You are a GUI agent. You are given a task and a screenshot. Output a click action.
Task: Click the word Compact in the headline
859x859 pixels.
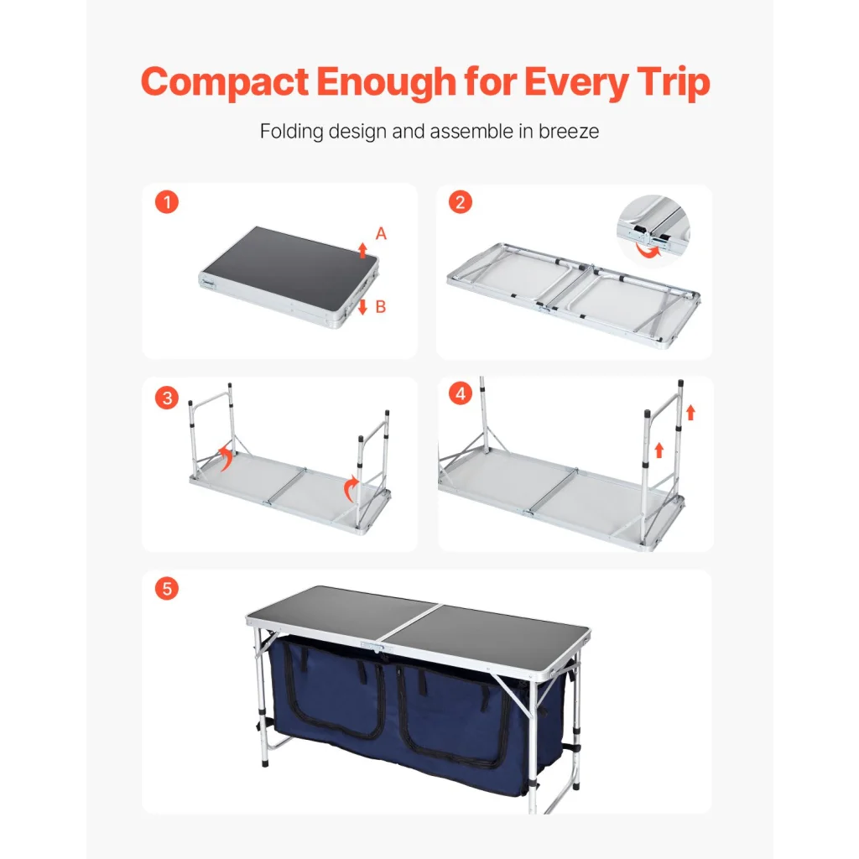(x=225, y=81)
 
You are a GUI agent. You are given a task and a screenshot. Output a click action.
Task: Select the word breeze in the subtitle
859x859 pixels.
(x=569, y=132)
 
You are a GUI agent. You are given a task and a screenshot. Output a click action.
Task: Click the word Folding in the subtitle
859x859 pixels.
(x=291, y=132)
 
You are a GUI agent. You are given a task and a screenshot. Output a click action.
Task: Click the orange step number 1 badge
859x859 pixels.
(x=167, y=202)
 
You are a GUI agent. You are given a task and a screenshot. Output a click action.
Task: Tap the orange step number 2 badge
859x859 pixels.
(x=461, y=202)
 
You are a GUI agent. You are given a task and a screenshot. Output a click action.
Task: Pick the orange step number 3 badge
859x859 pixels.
(x=167, y=398)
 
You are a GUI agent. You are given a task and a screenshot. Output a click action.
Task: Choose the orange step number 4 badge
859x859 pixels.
(x=461, y=393)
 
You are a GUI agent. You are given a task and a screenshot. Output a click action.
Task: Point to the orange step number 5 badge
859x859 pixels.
(x=167, y=589)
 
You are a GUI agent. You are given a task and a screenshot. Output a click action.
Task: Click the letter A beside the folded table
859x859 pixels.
(x=381, y=234)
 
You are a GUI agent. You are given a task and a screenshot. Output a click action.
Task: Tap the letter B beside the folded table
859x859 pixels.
(x=381, y=307)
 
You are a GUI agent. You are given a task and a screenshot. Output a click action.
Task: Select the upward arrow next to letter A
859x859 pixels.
(x=362, y=250)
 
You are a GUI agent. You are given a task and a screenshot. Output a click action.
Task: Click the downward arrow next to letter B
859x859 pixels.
(x=362, y=307)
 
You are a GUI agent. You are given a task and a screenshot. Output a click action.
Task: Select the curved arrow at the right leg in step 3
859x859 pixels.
(x=351, y=489)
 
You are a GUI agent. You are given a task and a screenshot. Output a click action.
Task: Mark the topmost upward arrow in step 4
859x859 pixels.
(x=691, y=412)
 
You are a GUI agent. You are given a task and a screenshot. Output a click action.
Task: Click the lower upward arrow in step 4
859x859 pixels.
(x=659, y=450)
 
